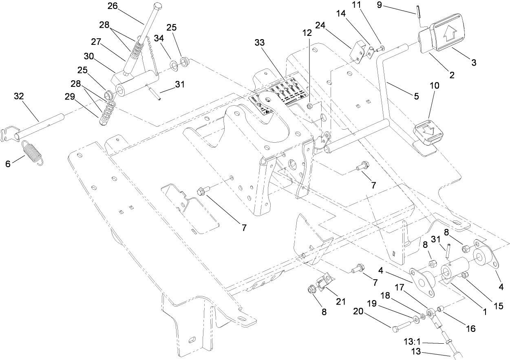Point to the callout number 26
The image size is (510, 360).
click(x=112, y=6)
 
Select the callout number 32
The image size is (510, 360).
click(x=19, y=96)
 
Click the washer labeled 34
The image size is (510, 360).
click(x=173, y=64)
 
